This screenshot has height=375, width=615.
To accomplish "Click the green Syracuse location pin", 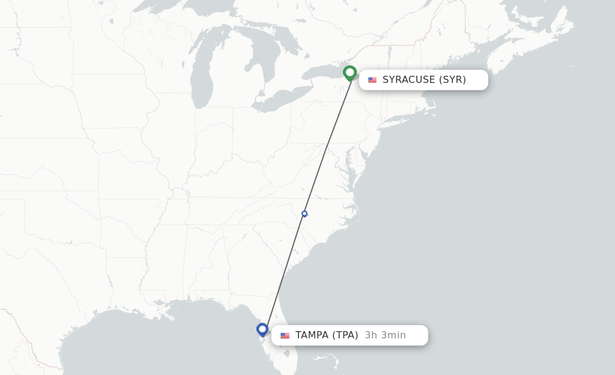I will [350, 73].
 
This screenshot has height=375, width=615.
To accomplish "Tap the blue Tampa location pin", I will [262, 329].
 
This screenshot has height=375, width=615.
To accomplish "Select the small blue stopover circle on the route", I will [304, 213].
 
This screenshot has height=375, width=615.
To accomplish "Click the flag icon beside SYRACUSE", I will [372, 80].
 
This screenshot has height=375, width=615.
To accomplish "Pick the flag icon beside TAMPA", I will [285, 335].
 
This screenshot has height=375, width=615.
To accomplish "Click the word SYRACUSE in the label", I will [408, 80].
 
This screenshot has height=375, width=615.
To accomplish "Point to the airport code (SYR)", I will [452, 80].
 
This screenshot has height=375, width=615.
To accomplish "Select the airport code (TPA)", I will [345, 335].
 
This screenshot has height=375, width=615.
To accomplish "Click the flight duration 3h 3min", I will [385, 335].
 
